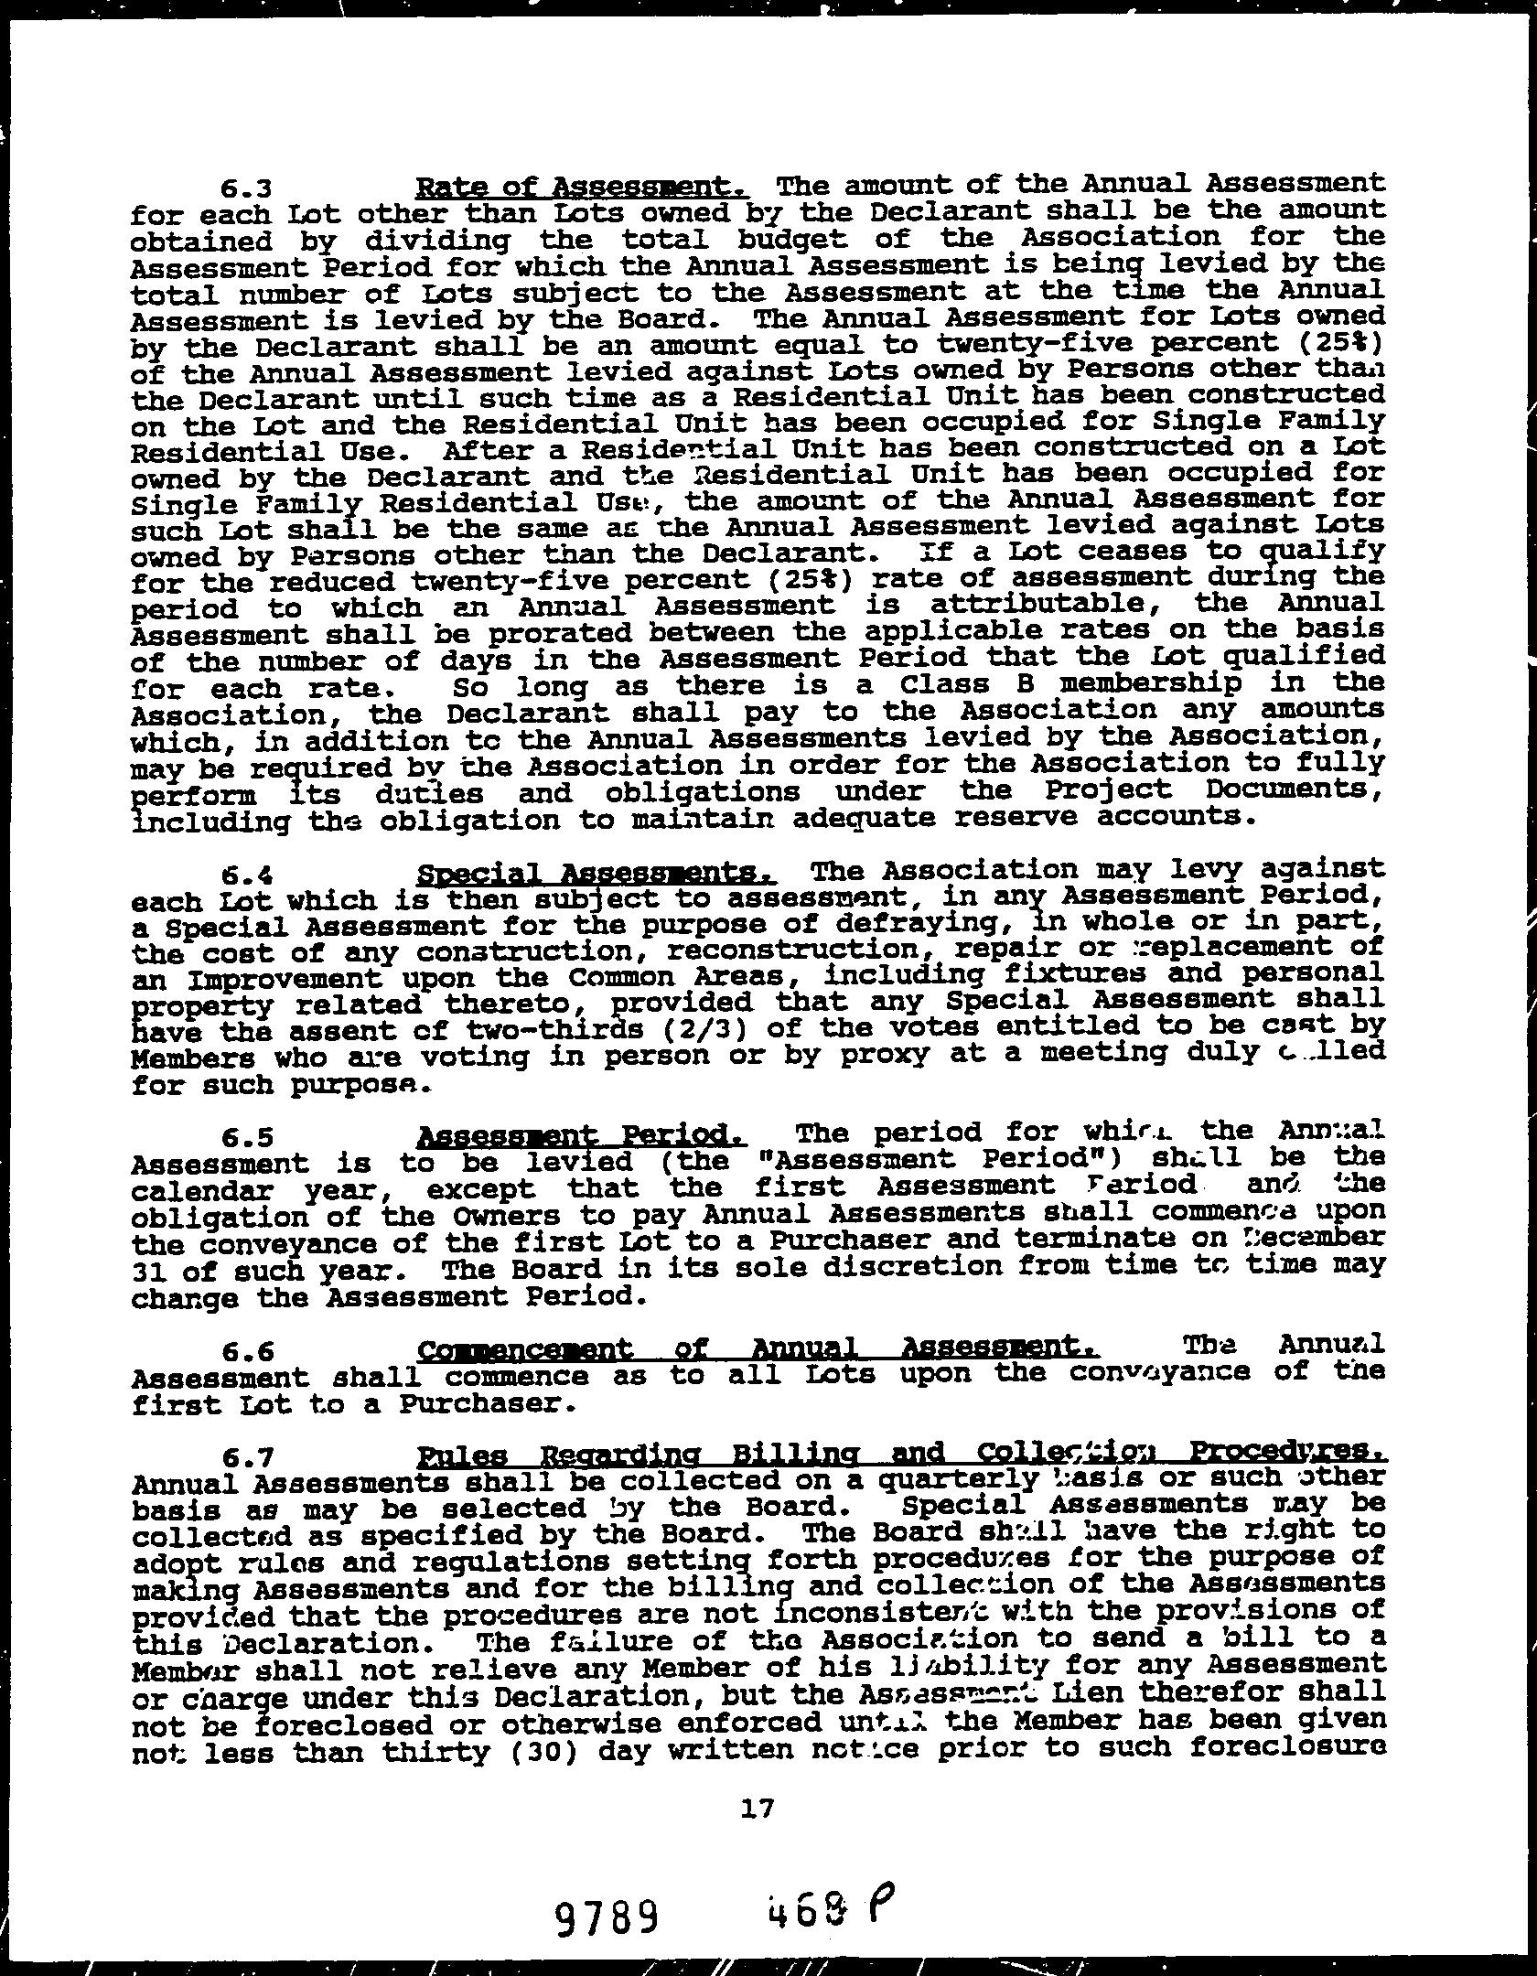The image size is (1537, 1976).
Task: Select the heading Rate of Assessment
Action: click(583, 188)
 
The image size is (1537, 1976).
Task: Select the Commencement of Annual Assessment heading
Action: click(758, 1348)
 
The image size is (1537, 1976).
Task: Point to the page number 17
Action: click(759, 1807)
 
